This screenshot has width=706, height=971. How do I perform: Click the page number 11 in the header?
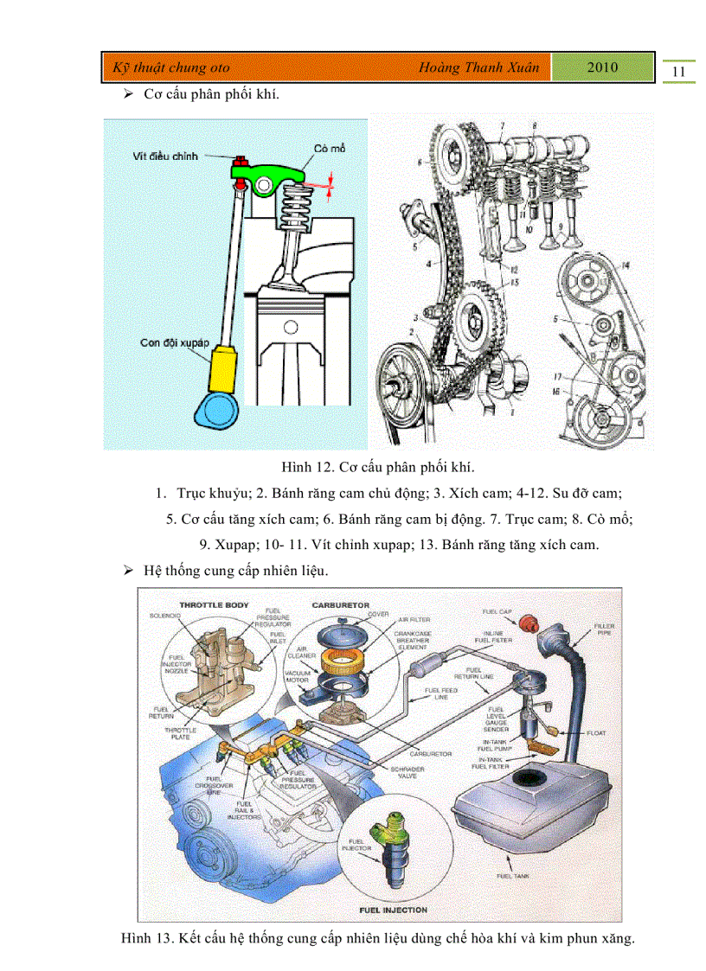click(679, 72)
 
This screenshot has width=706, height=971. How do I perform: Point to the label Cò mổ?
click(330, 149)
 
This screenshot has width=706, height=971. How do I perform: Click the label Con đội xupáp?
click(175, 343)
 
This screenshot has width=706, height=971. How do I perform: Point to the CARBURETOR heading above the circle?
click(340, 605)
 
